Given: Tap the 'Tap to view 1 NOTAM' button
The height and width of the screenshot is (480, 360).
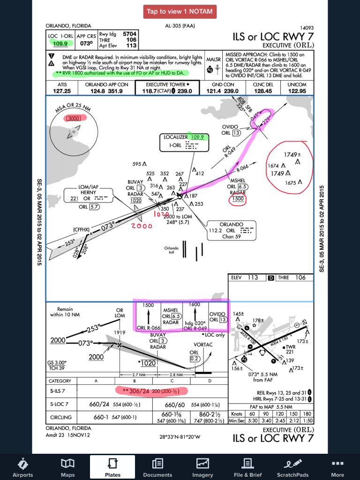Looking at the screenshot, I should point(180,11).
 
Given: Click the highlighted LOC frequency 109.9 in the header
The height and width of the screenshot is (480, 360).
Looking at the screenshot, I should point(60,44).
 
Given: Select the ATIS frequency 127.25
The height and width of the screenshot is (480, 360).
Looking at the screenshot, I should point(62,91).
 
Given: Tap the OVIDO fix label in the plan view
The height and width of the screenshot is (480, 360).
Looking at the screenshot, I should point(230,127).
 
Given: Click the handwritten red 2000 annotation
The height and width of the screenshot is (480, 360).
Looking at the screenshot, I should point(142,225).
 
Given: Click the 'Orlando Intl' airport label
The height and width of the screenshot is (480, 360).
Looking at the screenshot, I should point(171,250).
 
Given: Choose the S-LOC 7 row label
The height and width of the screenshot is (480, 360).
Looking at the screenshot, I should point(60,404).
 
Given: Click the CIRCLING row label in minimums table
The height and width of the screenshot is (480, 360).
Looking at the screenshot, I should point(61,417).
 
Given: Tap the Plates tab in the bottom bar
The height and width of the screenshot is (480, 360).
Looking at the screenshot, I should point(112,467).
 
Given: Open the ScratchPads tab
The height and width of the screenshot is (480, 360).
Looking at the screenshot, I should point(292,467).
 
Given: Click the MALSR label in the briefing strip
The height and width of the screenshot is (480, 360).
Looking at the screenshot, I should point(213,60).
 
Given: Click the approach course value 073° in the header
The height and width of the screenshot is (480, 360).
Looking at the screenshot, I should point(86,44).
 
